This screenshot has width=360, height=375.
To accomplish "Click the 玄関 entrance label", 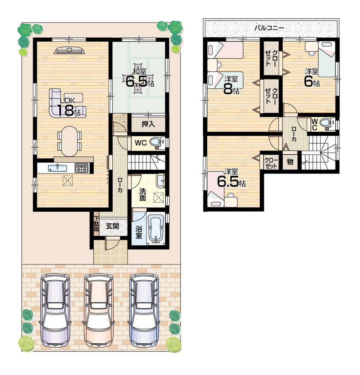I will (112, 227).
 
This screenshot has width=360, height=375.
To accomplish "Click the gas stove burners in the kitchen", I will (81, 168).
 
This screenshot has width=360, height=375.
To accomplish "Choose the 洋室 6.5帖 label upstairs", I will (231, 179).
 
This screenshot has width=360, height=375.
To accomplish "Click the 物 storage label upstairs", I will (290, 162).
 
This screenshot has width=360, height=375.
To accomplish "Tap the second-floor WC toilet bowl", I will (326, 123).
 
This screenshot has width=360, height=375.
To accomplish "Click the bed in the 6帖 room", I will (327, 59).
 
